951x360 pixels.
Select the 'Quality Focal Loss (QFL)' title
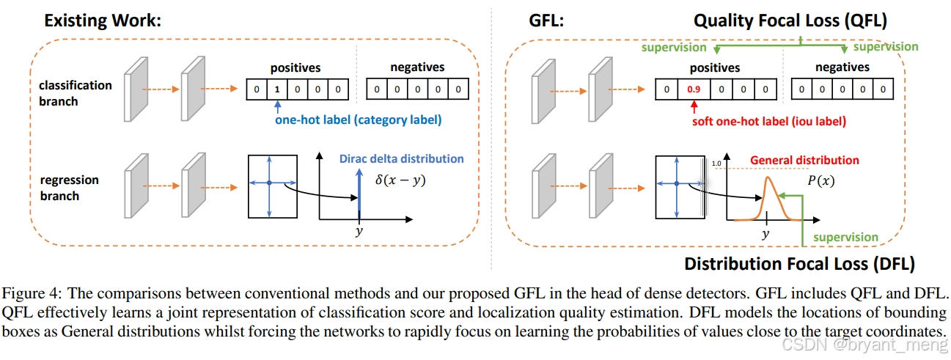791,21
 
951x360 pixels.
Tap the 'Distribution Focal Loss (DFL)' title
799,263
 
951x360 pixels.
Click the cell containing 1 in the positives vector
276,90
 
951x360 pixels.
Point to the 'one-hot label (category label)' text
358,120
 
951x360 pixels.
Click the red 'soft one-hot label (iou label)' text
768,120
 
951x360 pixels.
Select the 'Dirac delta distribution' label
401,158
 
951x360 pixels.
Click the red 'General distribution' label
804,160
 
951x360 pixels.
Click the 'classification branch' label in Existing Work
75,93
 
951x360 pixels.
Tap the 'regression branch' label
70,188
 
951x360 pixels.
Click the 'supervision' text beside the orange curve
845,237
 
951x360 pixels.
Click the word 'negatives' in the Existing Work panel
417,67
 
